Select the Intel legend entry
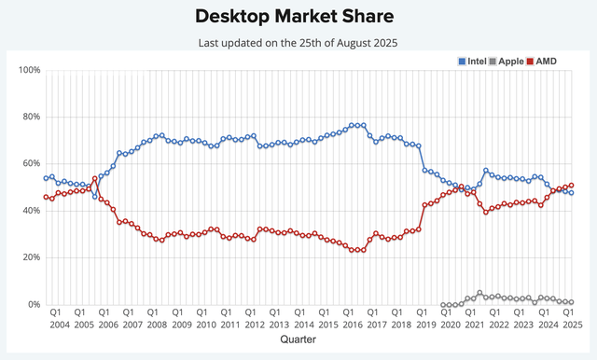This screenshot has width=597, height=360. [475, 61]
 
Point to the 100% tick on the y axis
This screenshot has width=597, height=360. [27, 71]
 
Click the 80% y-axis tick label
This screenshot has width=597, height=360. [29, 118]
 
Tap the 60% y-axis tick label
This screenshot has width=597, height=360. [29, 164]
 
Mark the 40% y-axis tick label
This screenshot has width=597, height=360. [29, 211]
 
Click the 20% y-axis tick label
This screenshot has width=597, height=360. [29, 257]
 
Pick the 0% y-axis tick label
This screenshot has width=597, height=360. [32, 305]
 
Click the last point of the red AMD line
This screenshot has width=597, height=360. [571, 186]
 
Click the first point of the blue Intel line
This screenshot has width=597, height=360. [46, 178]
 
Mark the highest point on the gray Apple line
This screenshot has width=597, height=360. [479, 293]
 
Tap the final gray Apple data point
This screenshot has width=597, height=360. [571, 302]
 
